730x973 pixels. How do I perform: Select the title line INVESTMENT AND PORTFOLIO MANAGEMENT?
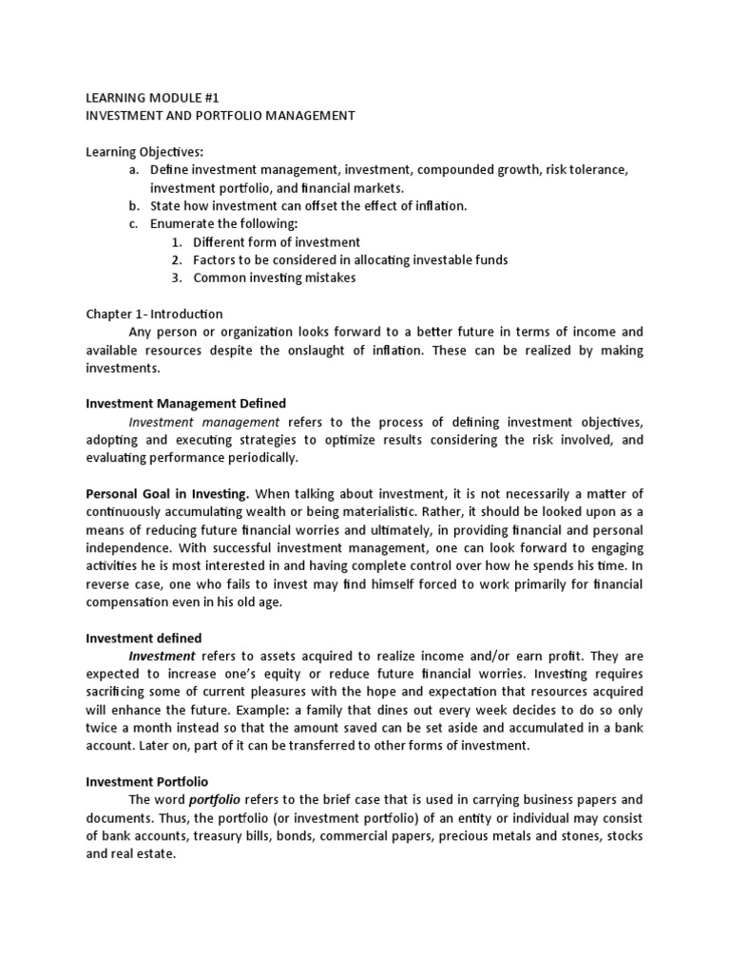click(221, 116)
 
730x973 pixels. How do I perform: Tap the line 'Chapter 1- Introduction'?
click(154, 315)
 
